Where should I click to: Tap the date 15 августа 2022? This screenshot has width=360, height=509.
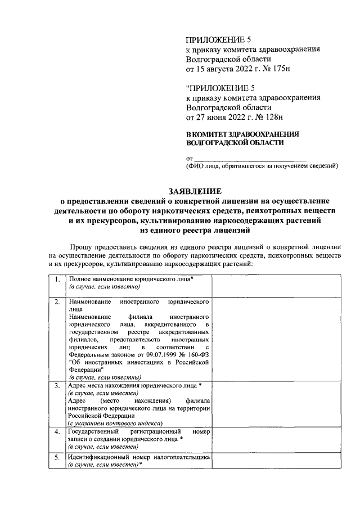226,69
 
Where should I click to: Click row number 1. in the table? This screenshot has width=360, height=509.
57,280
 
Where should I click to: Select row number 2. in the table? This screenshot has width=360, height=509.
57,302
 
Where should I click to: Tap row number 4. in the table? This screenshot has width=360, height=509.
57,432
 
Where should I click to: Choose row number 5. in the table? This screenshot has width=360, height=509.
57,458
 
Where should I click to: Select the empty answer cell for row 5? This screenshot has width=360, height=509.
276,462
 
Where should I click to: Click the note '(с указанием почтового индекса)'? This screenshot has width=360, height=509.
115,422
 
